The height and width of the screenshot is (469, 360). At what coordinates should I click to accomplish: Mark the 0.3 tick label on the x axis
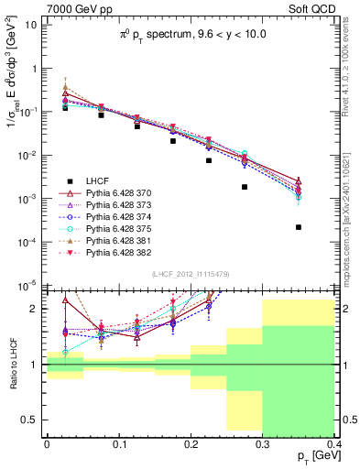point(262,442)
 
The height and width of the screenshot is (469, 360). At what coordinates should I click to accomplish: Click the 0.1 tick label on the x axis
point(118,442)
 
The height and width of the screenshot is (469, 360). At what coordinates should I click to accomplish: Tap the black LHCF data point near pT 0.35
point(299,227)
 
